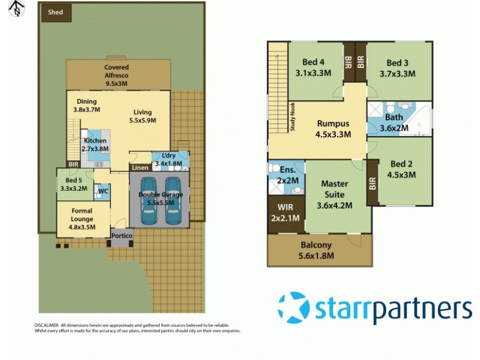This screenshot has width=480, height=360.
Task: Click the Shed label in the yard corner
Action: click(x=55, y=12)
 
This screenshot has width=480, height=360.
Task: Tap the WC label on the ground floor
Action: click(x=103, y=191)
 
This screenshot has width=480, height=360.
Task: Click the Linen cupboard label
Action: click(x=140, y=168)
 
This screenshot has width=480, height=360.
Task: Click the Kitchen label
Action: click(x=95, y=141)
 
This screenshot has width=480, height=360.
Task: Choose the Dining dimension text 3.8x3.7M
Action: click(x=86, y=110)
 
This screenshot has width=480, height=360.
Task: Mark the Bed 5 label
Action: click(x=73, y=180)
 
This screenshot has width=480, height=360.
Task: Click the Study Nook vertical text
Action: click(x=293, y=116)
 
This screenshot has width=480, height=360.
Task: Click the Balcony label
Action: click(x=316, y=245)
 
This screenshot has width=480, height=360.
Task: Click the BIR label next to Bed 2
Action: click(x=372, y=183)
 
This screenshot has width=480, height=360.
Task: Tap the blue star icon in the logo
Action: click(x=294, y=307)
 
